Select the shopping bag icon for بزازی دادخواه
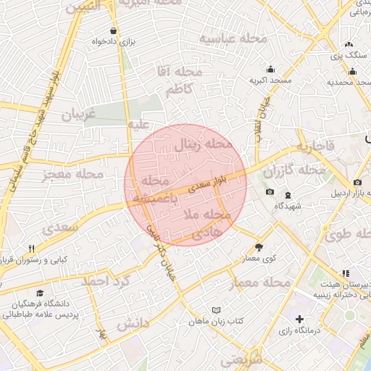point(114,31)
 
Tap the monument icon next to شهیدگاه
point(288,195)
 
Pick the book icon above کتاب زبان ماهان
point(215,310)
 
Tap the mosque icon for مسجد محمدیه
point(353,71)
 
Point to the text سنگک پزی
point(349,55)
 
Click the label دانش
point(133,322)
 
